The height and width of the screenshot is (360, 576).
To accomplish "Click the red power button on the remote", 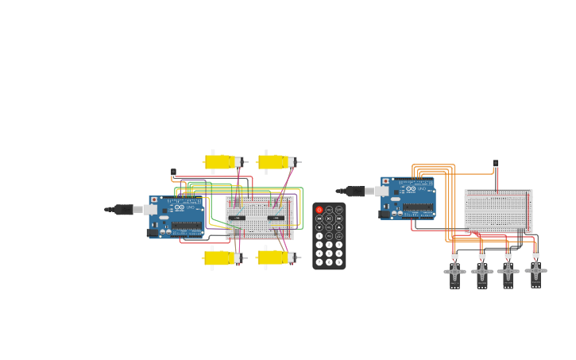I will point(319,210).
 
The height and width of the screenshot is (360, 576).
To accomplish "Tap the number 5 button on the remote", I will point(329,245).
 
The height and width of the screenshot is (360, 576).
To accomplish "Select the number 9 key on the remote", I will point(339,254).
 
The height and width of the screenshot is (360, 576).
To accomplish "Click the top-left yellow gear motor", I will point(222,162).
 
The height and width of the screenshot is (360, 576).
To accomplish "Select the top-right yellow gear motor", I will point(274,162).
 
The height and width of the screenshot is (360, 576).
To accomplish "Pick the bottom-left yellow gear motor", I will point(222,257).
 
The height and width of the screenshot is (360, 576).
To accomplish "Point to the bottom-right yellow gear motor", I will point(274,257).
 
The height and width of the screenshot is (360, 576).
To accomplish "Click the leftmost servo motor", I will point(454,273).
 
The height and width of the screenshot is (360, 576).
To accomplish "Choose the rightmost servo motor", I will point(536,272).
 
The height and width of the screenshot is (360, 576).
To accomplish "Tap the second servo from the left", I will point(481,273).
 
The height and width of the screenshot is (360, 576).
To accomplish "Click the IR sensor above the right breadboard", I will point(496,164).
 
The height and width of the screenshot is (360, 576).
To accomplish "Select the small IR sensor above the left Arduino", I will point(173,172).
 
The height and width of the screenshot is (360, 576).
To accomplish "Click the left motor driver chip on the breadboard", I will point(237,218).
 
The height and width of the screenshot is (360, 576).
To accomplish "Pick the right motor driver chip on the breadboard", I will point(276,218).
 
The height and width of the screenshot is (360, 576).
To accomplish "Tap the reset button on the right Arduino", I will point(386,181).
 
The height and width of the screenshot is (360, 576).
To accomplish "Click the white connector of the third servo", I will point(508,255).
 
